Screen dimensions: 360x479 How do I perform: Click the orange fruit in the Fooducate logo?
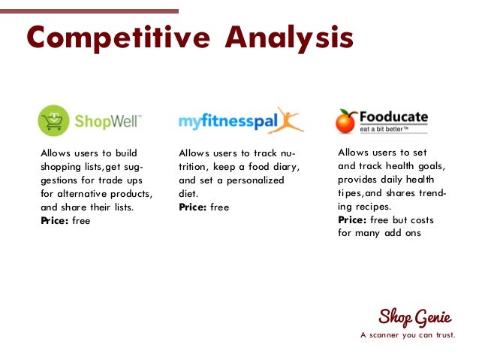pyautogui.click(x=346, y=121)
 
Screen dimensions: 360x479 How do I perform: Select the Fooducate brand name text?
pyautogui.click(x=393, y=117)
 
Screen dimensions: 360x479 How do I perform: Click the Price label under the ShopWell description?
pyautogui.click(x=54, y=221)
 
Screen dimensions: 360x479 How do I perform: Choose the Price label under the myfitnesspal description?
pyautogui.click(x=192, y=207)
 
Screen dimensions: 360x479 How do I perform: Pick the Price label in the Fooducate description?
pyautogui.click(x=352, y=219)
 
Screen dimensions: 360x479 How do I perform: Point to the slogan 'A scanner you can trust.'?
pyautogui.click(x=408, y=335)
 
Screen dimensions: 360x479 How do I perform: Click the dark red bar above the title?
pyautogui.click(x=89, y=11)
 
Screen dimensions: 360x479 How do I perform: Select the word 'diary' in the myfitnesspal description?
pyautogui.click(x=282, y=167)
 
